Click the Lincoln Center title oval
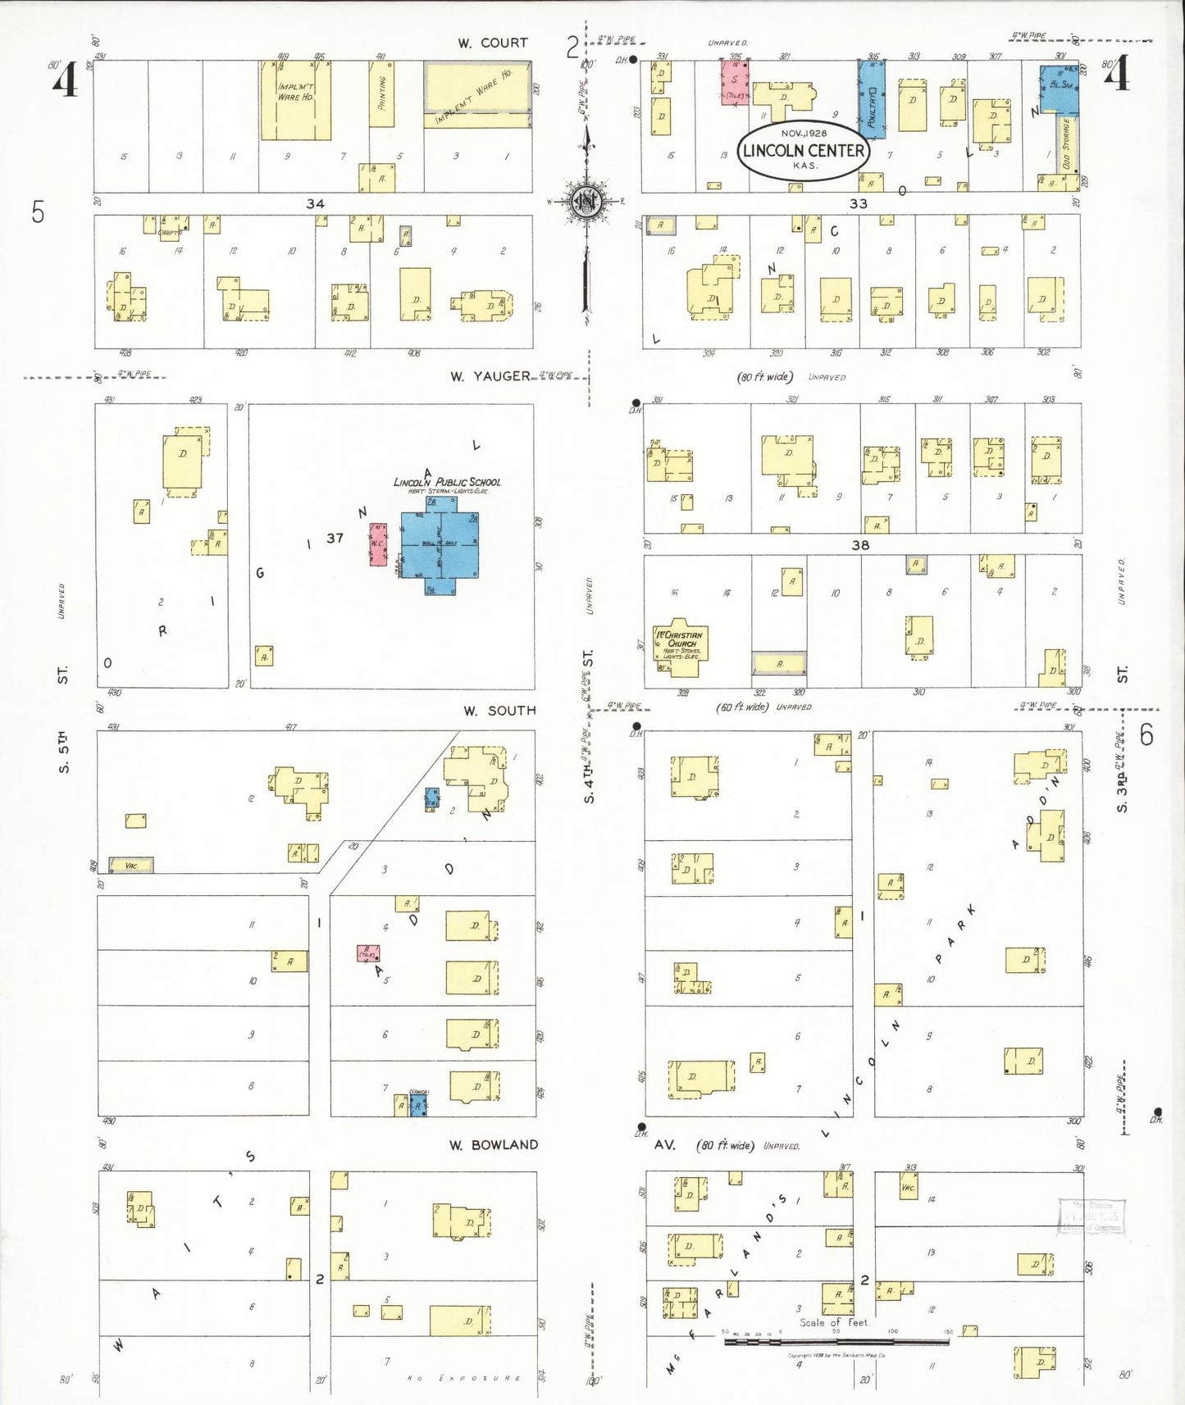pos(804,149)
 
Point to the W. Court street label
pos(492,43)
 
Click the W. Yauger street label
pos(490,376)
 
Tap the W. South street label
pos(499,711)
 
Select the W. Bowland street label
pos(493,1144)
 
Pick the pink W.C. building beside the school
pos(378,544)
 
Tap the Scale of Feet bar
pos(836,1342)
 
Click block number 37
pos(335,538)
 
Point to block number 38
pos(859,545)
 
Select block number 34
pos(315,203)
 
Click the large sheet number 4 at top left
pos(65,80)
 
